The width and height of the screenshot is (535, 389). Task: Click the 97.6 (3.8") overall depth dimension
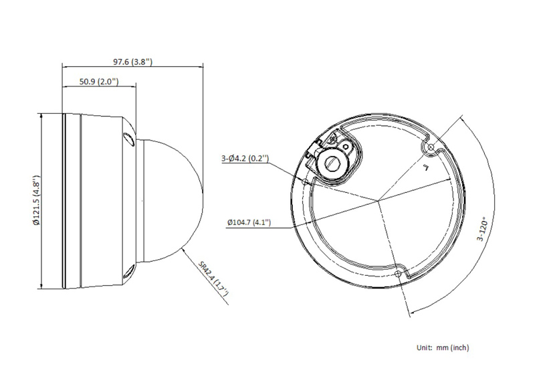132,61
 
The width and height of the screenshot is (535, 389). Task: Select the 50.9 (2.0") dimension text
98,82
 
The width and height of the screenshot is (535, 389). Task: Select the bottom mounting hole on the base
399,274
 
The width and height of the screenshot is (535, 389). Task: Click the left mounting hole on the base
305,181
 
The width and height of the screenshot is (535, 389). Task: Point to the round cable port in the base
332,161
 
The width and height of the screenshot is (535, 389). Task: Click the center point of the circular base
377,200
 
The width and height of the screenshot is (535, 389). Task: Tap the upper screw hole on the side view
127,138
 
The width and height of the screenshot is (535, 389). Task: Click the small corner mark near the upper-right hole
425,167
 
